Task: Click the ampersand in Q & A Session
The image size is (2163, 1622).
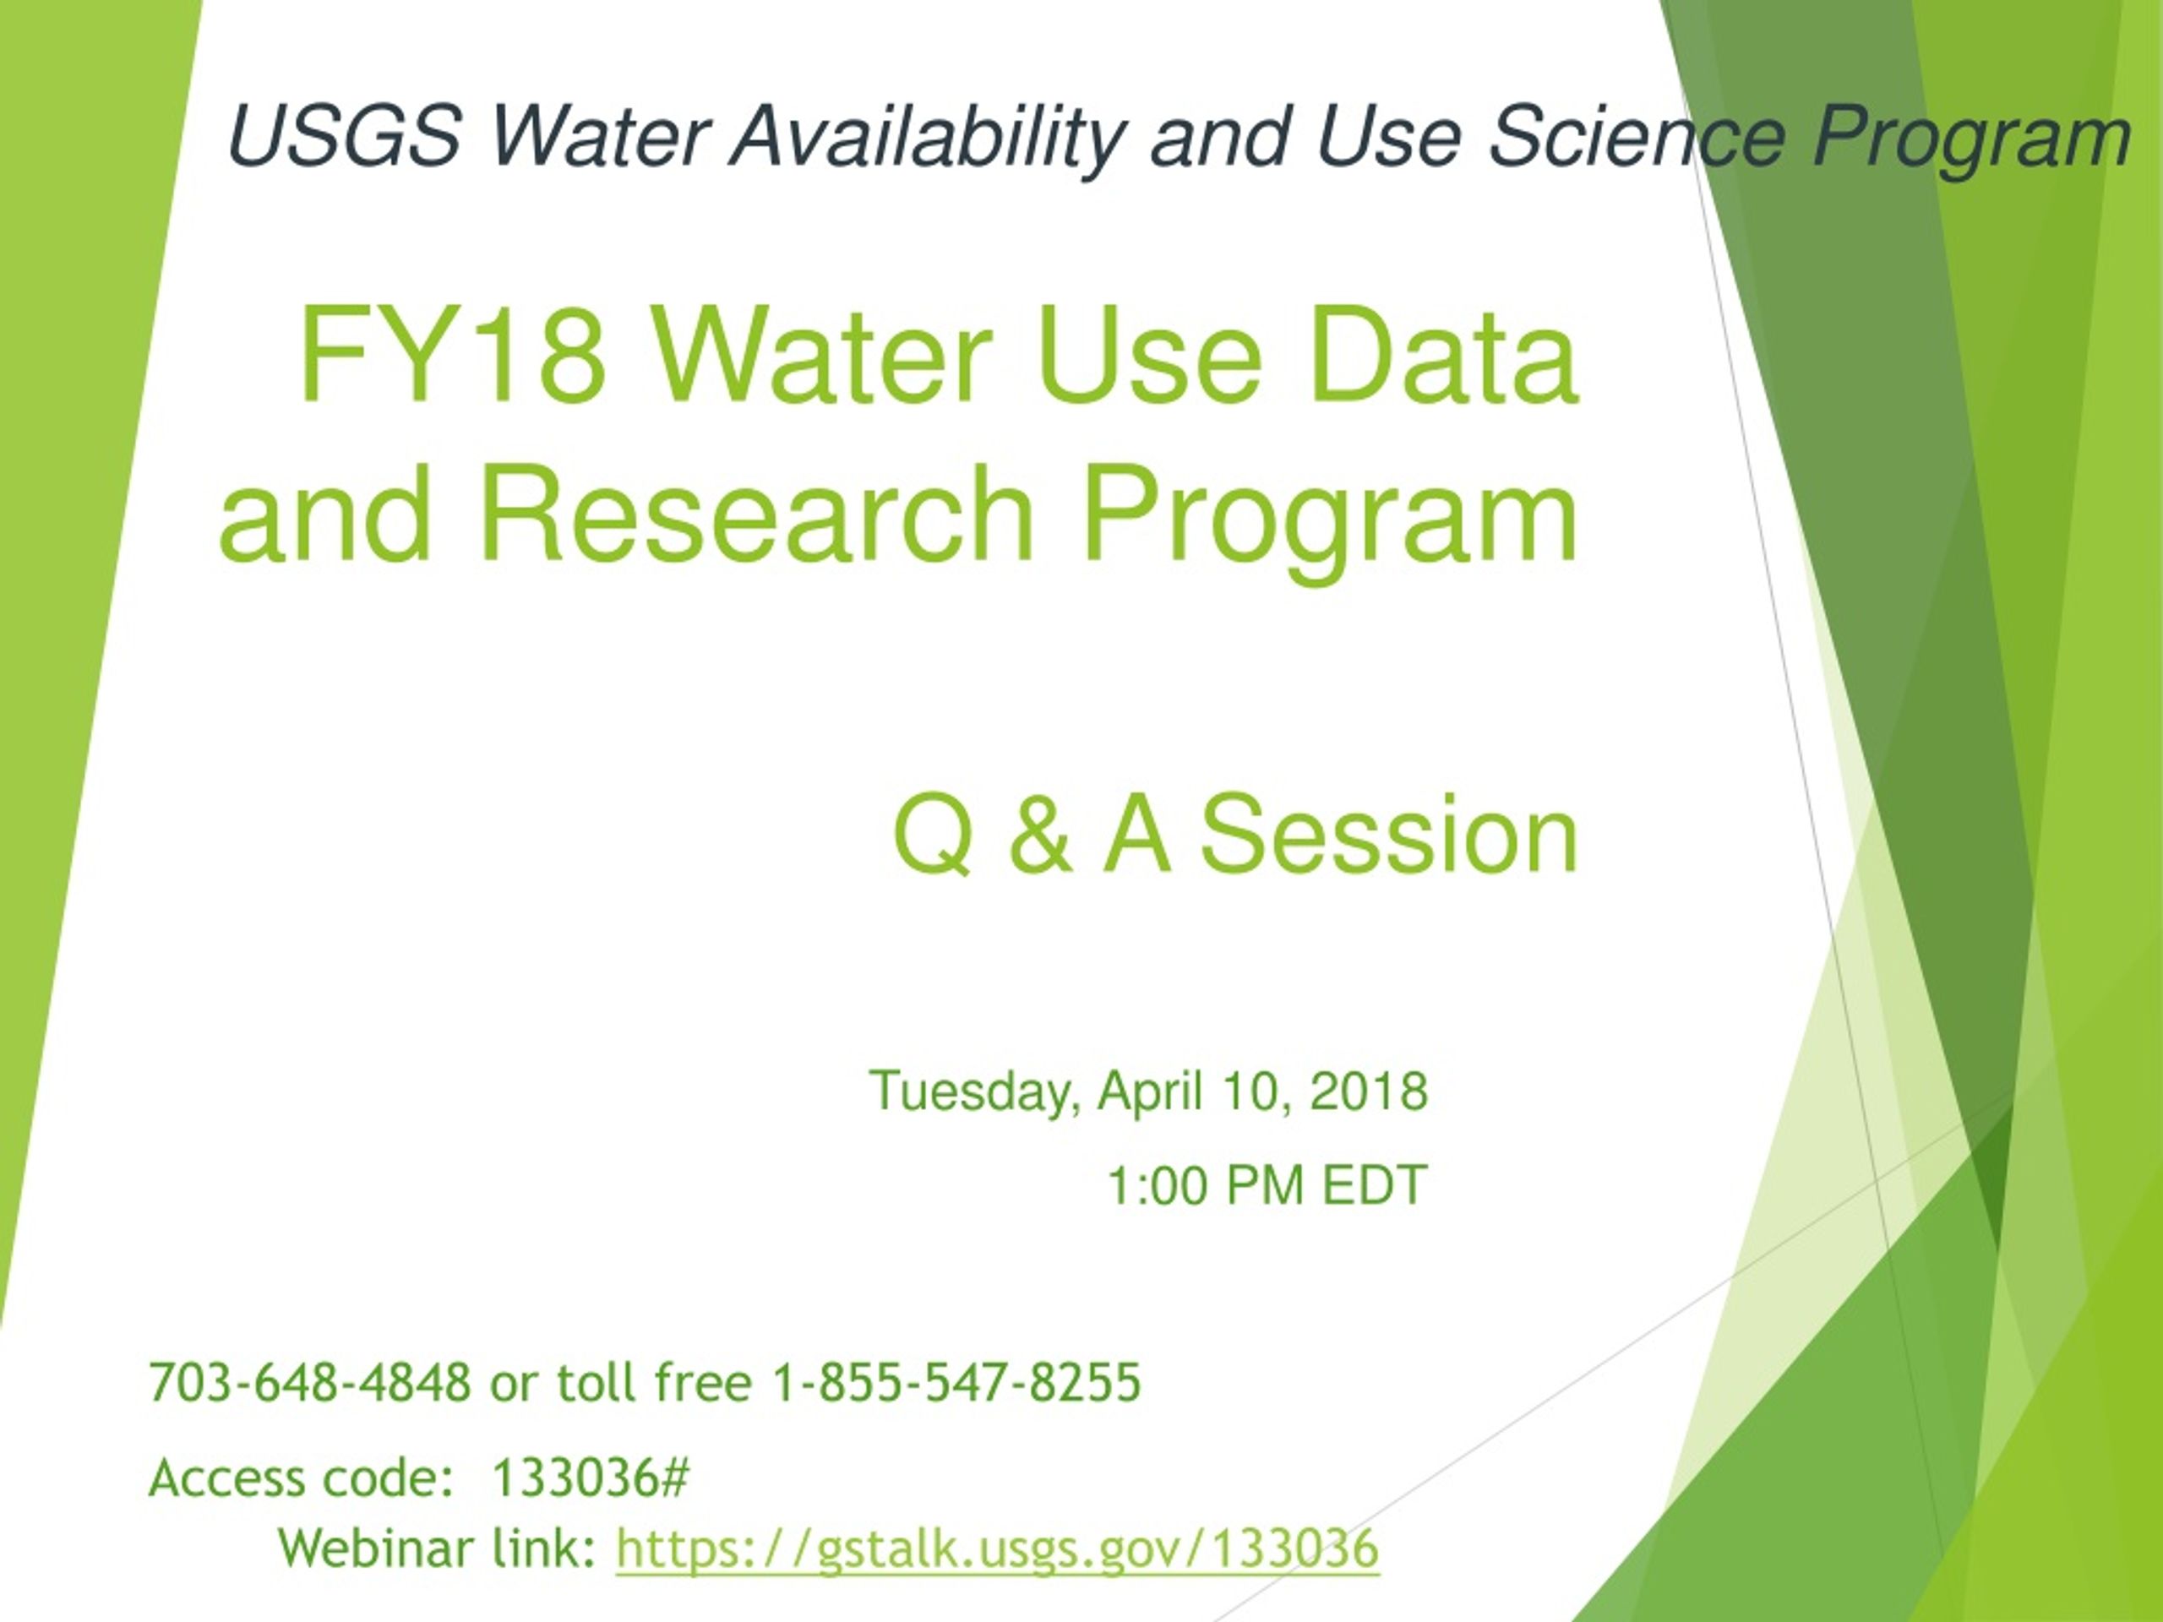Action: (x=1038, y=833)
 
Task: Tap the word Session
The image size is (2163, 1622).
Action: (x=1388, y=833)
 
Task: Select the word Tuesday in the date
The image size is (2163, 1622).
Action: (x=974, y=1092)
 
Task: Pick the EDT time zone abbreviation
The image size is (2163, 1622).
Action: (x=1375, y=1186)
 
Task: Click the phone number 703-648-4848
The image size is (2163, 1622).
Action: (x=310, y=1382)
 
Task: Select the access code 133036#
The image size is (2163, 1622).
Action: (x=591, y=1478)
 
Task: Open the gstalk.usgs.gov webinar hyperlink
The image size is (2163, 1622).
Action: (x=997, y=1549)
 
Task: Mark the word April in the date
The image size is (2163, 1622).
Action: (x=1149, y=1092)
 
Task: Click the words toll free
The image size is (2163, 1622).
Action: (x=654, y=1382)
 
